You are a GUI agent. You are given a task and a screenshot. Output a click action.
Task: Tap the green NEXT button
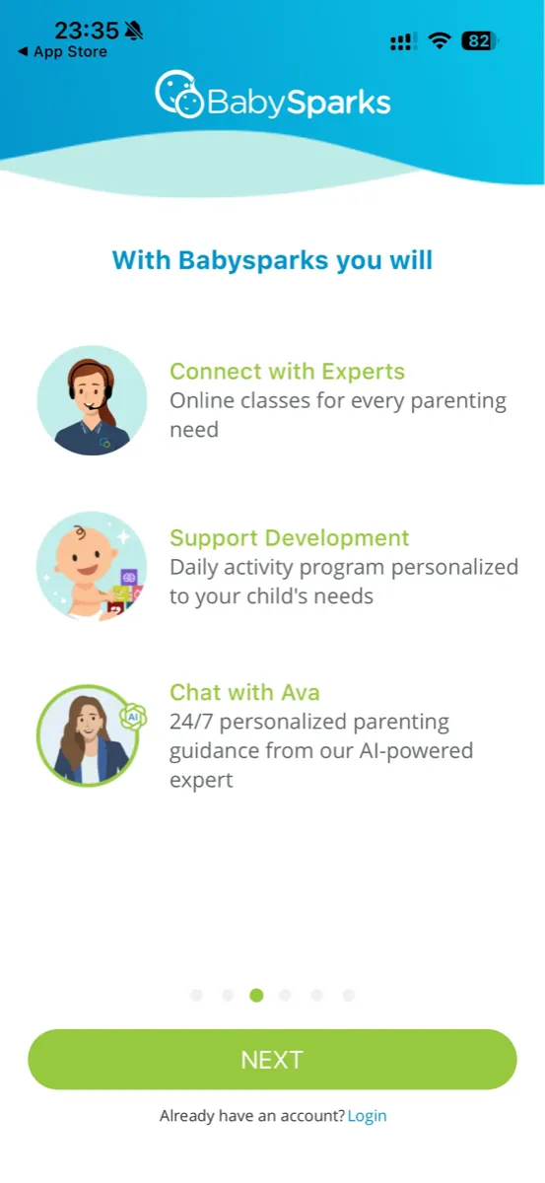click(x=272, y=1060)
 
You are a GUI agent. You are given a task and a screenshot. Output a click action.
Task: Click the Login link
click(x=367, y=1116)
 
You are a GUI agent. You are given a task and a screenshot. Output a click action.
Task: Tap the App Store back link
click(x=62, y=52)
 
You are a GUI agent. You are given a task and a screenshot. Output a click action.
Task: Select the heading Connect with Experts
click(x=287, y=372)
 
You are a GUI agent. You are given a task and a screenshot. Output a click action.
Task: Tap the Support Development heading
click(x=289, y=538)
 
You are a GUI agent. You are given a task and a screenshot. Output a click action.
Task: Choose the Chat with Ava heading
click(x=244, y=692)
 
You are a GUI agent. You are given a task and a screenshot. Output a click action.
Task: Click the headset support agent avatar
click(x=92, y=400)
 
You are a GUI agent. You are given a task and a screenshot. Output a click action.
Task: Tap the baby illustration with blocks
click(x=92, y=566)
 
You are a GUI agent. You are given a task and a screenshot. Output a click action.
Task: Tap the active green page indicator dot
click(x=256, y=996)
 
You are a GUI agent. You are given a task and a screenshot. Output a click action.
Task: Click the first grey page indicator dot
click(x=196, y=996)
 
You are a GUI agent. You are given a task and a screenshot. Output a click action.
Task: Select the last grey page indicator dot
click(x=348, y=996)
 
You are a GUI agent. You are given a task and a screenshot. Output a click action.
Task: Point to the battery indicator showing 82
click(x=480, y=41)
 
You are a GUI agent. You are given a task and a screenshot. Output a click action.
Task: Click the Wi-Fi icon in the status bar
click(x=440, y=41)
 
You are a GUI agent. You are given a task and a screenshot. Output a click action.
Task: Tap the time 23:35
click(x=86, y=30)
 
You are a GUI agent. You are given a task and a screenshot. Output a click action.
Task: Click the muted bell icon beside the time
click(x=134, y=31)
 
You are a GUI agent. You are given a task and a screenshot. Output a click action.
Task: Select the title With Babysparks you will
click(x=272, y=260)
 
